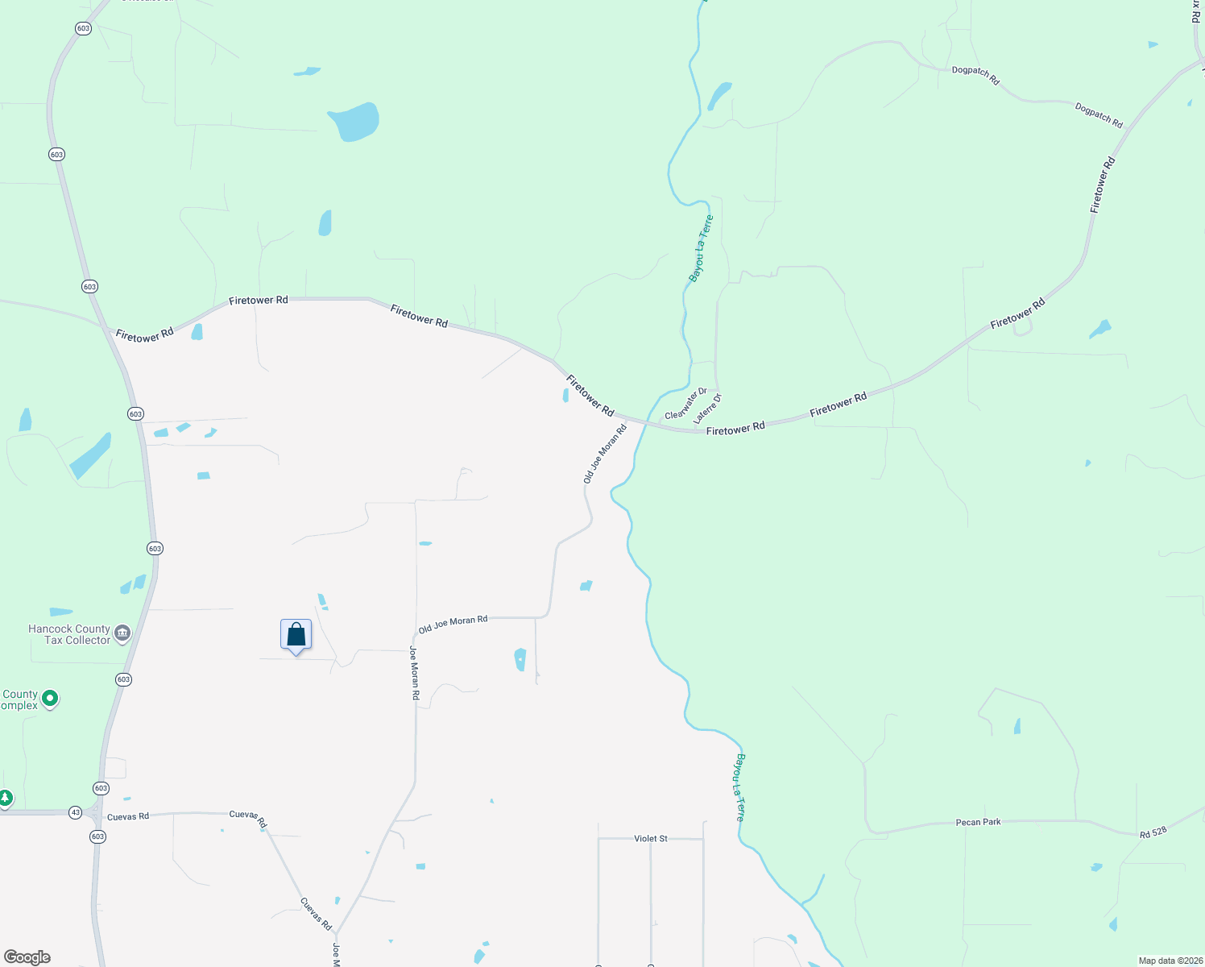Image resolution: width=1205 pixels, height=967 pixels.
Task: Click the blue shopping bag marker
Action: [x=296, y=635]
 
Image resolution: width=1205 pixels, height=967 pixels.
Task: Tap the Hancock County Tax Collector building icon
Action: [x=122, y=633]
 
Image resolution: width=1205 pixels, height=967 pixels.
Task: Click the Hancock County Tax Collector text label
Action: [x=69, y=634]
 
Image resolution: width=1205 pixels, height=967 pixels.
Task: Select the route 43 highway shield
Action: [x=75, y=812]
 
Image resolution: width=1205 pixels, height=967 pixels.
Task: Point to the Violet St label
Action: [x=651, y=839]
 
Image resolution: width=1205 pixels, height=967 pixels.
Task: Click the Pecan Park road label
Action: [x=978, y=823]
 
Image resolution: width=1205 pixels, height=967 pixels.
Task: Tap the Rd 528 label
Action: [x=1153, y=832]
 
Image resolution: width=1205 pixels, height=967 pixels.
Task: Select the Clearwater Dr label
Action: [x=685, y=403]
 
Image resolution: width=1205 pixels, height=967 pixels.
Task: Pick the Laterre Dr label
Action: [x=707, y=409]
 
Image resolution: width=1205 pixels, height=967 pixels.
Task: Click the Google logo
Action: [x=27, y=957]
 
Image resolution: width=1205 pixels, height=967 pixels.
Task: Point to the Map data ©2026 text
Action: [x=1170, y=961]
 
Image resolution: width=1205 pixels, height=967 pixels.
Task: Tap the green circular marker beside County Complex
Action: [x=50, y=699]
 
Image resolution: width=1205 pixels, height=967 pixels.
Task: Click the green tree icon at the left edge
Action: [x=6, y=799]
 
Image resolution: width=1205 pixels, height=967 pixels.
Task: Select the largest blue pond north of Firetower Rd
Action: [x=354, y=122]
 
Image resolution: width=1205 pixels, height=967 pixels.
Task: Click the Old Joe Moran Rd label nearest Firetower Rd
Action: [x=605, y=454]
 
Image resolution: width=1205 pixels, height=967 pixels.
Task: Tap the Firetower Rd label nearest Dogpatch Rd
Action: [x=1103, y=185]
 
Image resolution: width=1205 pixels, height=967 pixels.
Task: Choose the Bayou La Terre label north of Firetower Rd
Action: [x=701, y=247]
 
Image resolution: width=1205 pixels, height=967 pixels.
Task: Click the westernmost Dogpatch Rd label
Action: [x=975, y=75]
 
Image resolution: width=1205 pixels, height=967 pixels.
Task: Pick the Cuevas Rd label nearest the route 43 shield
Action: [x=128, y=816]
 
